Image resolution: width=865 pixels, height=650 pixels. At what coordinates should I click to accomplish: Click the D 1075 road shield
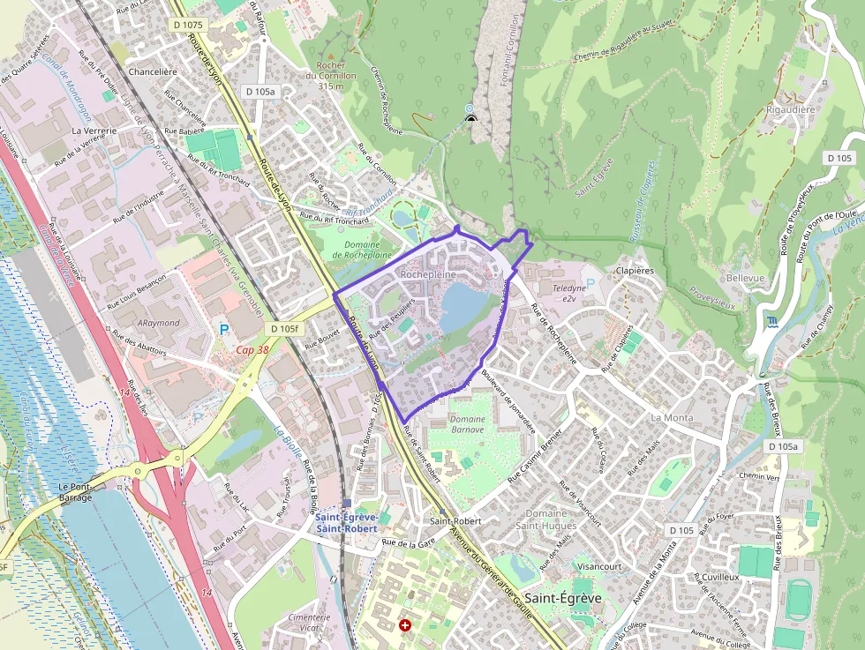point(190,25)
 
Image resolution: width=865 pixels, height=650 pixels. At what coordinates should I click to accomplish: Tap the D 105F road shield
point(287,329)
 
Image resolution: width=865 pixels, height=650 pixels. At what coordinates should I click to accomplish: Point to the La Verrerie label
point(88,130)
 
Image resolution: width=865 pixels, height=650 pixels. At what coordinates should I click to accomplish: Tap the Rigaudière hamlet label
point(791,110)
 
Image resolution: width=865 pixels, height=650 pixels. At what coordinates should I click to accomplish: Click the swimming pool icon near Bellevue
point(774,321)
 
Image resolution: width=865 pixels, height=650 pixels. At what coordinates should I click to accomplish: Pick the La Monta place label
point(672,417)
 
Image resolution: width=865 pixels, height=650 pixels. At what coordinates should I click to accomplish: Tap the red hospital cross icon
point(405,625)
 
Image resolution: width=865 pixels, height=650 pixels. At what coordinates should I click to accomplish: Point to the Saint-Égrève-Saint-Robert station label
point(347,522)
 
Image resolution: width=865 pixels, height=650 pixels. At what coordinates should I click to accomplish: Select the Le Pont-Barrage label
point(76,492)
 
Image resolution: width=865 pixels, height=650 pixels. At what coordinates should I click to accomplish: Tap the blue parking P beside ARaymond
point(222,331)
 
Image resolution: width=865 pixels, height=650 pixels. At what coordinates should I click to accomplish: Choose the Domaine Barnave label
point(467,424)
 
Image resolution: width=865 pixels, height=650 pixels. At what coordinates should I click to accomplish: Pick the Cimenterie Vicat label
point(309,623)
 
